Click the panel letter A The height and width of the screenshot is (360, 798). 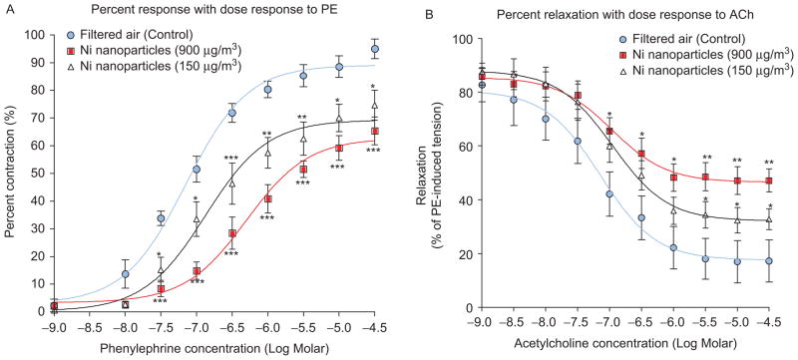tap(6, 8)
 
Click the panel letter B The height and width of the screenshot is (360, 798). tap(408, 8)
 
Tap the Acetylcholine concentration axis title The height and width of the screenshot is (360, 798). tap(610, 348)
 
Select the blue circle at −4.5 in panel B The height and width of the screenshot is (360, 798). tap(769, 261)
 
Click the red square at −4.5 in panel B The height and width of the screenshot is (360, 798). tap(769, 181)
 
